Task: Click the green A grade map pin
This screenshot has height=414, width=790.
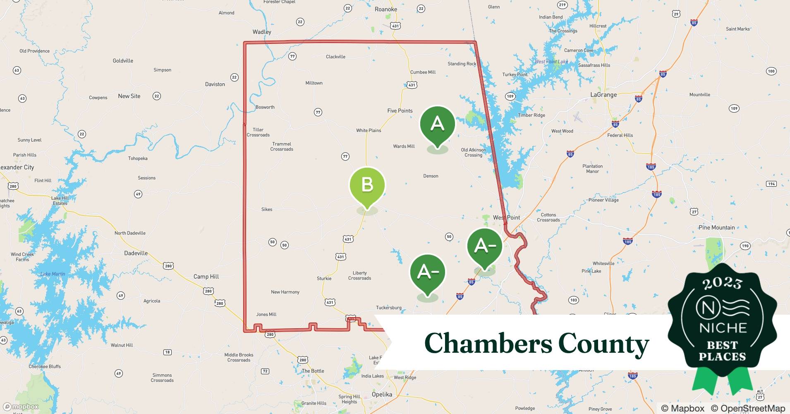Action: coord(437,125)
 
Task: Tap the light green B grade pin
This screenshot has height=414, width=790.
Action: coord(367,185)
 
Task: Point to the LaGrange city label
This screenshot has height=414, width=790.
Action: coord(603,95)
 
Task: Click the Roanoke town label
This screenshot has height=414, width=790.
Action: coord(385,9)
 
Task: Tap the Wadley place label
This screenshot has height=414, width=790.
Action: coord(262,32)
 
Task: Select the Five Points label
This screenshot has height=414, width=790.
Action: coord(400,111)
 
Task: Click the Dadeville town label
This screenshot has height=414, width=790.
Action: coord(136,253)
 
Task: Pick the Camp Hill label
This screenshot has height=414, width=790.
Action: coord(206,277)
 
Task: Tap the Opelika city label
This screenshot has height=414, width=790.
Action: coord(381,394)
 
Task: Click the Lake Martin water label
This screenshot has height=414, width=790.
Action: coord(53,274)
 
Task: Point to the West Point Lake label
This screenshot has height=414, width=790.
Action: coord(551,62)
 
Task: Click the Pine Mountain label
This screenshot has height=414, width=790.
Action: coord(716,227)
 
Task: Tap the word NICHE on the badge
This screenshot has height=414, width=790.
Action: coord(723,328)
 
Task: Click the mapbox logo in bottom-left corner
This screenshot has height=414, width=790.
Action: coord(21,407)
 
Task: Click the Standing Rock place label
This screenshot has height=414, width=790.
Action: coord(462,64)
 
